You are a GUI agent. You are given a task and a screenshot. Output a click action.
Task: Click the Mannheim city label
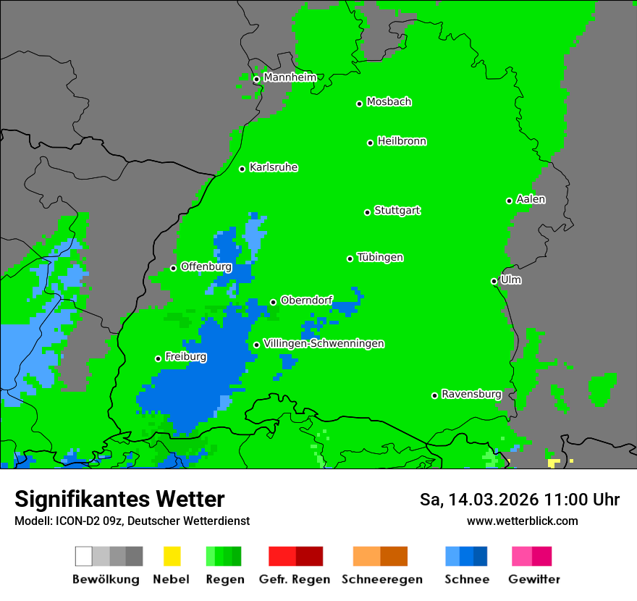(290, 77)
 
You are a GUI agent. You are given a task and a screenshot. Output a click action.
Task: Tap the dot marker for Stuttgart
(367, 212)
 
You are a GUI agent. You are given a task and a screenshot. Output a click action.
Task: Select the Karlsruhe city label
(273, 167)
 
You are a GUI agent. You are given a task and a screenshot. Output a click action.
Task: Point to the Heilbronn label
(402, 141)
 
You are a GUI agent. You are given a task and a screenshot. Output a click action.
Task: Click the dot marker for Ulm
(494, 281)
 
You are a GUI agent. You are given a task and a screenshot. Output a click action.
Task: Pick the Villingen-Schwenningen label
(324, 343)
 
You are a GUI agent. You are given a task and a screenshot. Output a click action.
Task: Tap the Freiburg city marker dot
(158, 358)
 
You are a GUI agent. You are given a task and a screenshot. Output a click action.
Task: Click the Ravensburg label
(471, 394)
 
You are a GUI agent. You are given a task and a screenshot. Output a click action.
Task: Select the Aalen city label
(531, 199)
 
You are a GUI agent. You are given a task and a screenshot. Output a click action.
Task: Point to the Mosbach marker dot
(359, 104)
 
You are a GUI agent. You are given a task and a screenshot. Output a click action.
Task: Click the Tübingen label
(380, 257)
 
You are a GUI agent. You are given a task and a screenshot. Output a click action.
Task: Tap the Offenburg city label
(206, 266)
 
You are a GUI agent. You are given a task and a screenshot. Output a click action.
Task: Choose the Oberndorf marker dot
(273, 302)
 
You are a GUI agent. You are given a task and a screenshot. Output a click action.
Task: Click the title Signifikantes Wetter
(119, 499)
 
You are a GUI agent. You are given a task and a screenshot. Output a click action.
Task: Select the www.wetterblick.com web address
(522, 521)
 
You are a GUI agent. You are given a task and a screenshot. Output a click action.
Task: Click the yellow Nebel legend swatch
(172, 556)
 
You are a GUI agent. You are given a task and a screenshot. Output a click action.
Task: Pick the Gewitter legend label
(533, 579)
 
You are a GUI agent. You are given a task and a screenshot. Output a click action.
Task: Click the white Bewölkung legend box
(84, 556)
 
